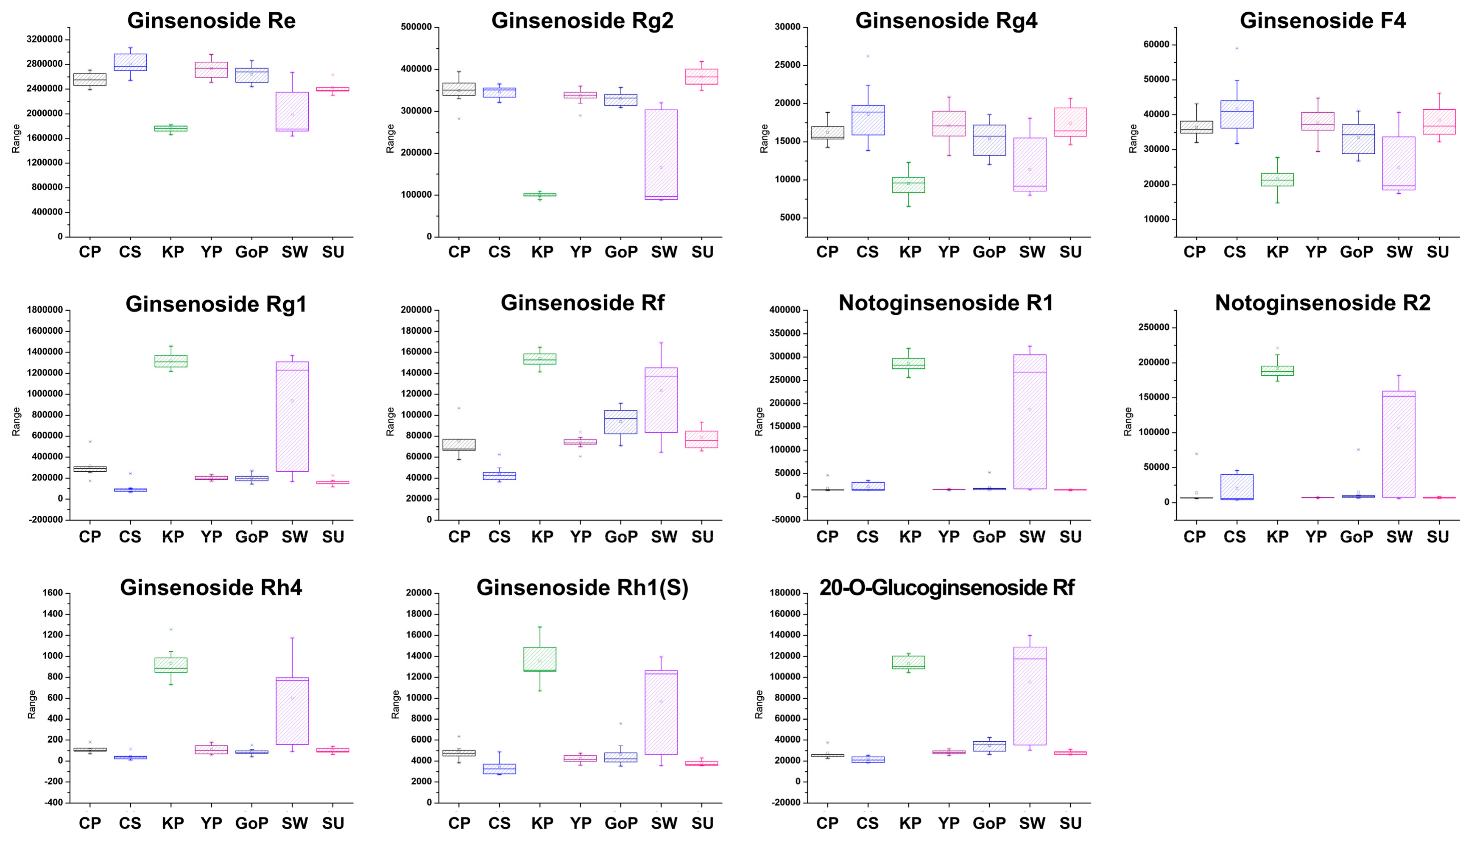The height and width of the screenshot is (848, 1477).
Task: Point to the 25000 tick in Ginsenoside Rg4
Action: (787, 65)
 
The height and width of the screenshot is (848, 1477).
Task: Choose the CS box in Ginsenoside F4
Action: (1237, 114)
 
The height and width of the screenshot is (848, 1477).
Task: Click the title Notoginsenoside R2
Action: (1322, 303)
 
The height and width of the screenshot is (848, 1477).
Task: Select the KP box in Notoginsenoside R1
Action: (908, 364)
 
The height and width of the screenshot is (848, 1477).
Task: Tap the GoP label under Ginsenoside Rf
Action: (621, 537)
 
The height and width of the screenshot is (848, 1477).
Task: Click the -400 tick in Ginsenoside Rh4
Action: (53, 803)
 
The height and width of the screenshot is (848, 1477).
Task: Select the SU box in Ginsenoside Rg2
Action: (701, 76)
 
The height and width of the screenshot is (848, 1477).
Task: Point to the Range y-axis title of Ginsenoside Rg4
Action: (764, 139)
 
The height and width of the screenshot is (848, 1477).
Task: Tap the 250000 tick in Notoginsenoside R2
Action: (1153, 327)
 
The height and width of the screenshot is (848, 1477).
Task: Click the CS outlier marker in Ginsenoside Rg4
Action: (868, 56)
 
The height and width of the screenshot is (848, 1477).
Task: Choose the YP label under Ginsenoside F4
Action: (1315, 252)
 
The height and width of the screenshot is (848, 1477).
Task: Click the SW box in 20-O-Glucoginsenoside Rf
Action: (1030, 695)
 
